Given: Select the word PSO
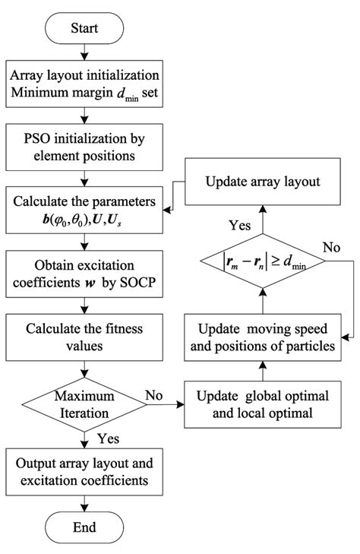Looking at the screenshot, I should pyautogui.click(x=33, y=141).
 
